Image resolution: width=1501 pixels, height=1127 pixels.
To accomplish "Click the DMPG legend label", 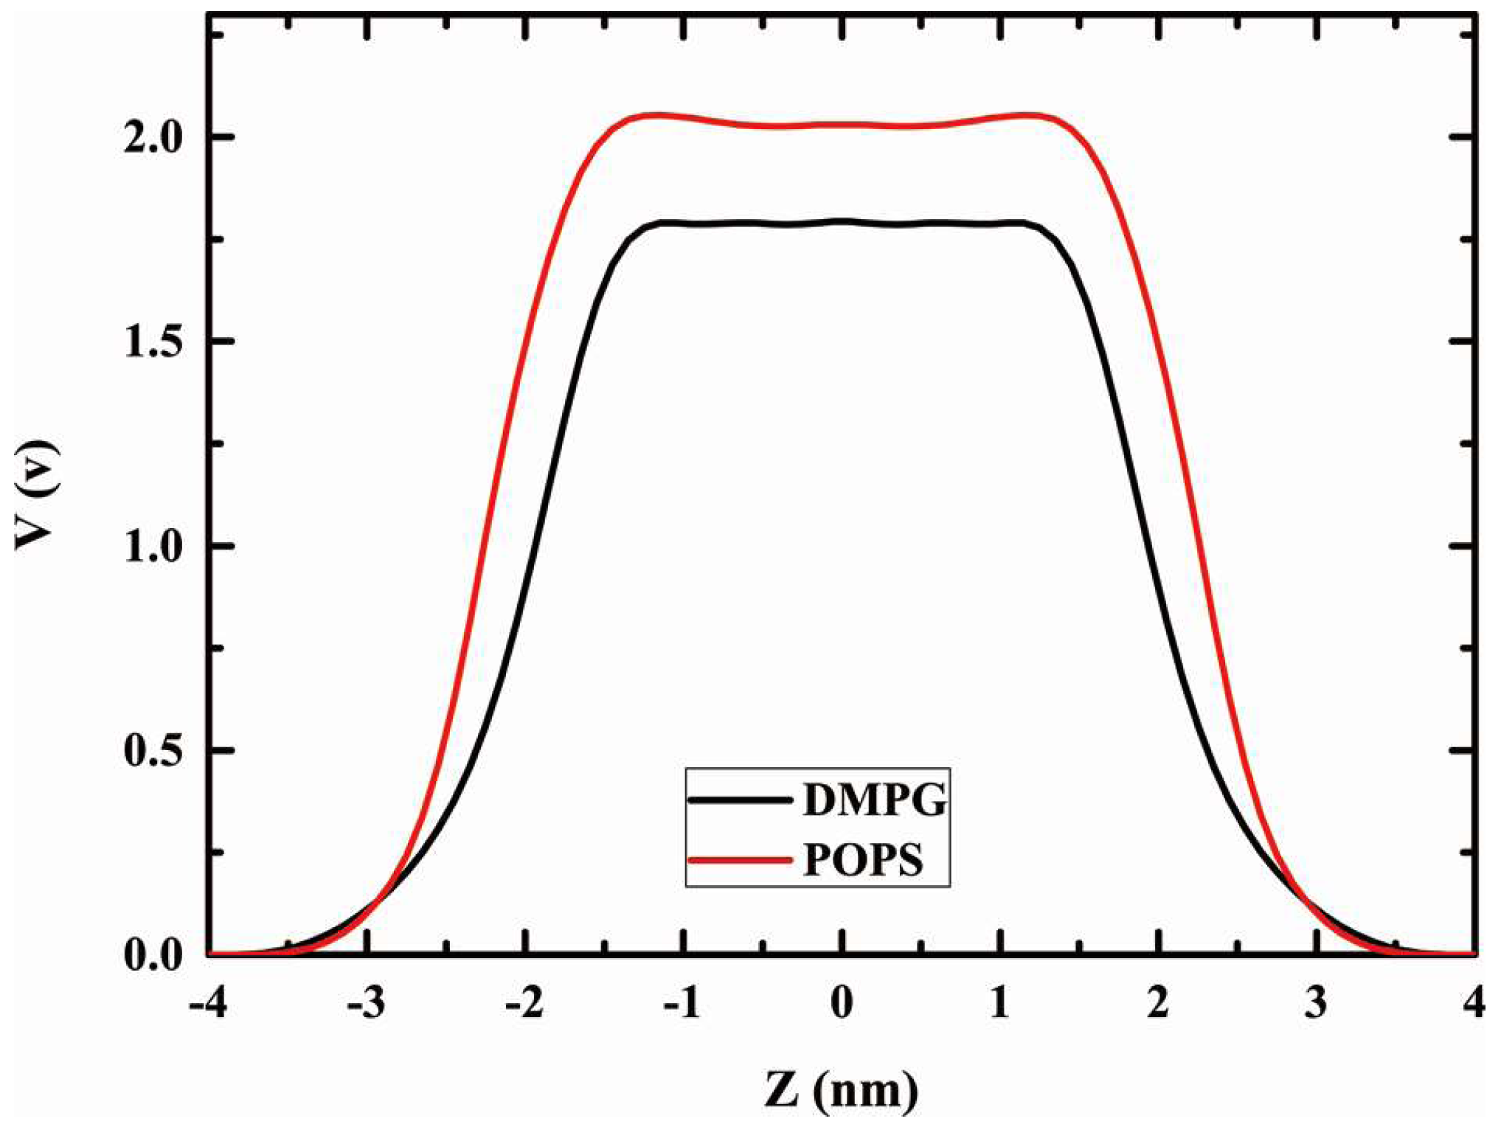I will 874,800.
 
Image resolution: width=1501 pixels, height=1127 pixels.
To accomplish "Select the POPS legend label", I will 862,859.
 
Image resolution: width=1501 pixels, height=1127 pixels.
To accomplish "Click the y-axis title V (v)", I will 36,493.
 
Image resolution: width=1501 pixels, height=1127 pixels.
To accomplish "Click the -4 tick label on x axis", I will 208,1003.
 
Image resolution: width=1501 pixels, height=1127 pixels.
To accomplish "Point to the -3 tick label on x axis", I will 367,1003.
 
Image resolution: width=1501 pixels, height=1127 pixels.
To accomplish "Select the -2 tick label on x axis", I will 524,1003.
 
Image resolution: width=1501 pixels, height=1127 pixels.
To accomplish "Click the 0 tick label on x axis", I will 842,1003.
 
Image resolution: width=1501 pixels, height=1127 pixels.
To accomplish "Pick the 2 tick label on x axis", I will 1158,1003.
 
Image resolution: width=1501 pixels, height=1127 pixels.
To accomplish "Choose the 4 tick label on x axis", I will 1474,1003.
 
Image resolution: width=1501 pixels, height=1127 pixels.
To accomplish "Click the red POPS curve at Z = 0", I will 842,124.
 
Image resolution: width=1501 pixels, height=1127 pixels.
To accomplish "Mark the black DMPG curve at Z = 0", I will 842,221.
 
